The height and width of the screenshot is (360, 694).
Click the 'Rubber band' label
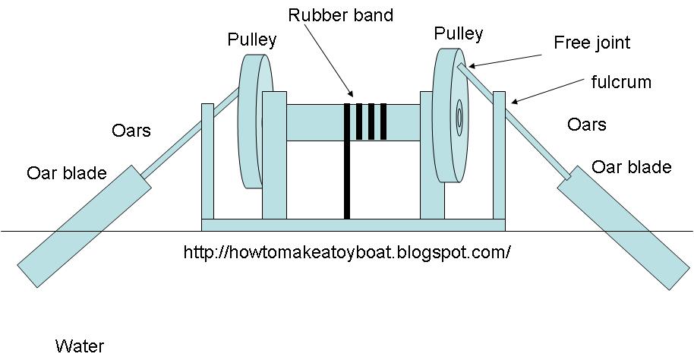click(x=340, y=15)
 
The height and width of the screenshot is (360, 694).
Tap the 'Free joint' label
click(x=591, y=43)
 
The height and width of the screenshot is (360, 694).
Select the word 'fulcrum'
click(x=620, y=81)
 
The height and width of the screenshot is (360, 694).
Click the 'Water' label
click(x=79, y=346)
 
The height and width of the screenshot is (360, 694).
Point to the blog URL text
click(x=347, y=251)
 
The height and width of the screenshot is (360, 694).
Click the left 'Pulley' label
click(x=251, y=40)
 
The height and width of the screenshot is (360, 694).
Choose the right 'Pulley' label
click(x=458, y=33)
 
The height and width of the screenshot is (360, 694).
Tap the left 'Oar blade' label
click(x=67, y=173)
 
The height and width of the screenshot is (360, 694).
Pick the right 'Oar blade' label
click(x=631, y=167)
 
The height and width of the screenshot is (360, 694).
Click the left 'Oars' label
click(x=131, y=131)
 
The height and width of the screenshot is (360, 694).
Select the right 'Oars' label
click(x=587, y=124)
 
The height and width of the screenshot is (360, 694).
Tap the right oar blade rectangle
click(x=625, y=231)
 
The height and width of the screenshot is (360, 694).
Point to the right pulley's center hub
click(x=459, y=118)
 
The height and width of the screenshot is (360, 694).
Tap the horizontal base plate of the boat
click(x=353, y=224)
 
